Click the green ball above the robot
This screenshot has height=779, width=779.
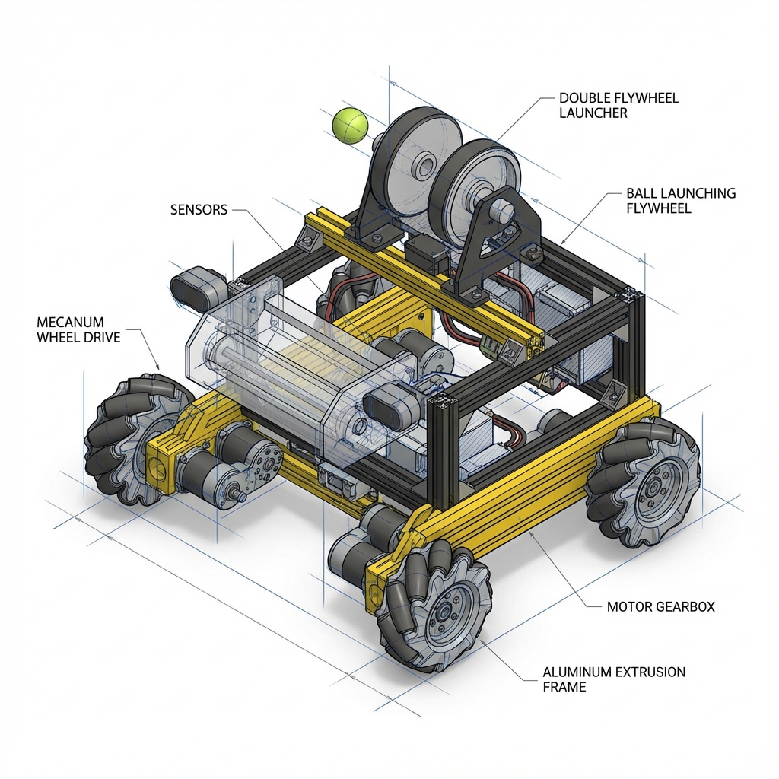350,126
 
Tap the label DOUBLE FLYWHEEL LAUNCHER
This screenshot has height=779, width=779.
618,105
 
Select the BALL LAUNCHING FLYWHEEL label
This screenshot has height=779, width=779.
681,200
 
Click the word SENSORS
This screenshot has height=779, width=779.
199,210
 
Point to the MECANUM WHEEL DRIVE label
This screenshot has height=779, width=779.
78,330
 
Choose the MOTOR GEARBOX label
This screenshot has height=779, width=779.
661,606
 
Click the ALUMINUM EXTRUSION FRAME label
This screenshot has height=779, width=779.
614,679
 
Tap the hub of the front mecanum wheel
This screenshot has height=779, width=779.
444,614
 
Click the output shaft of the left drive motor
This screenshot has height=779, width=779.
237,495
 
